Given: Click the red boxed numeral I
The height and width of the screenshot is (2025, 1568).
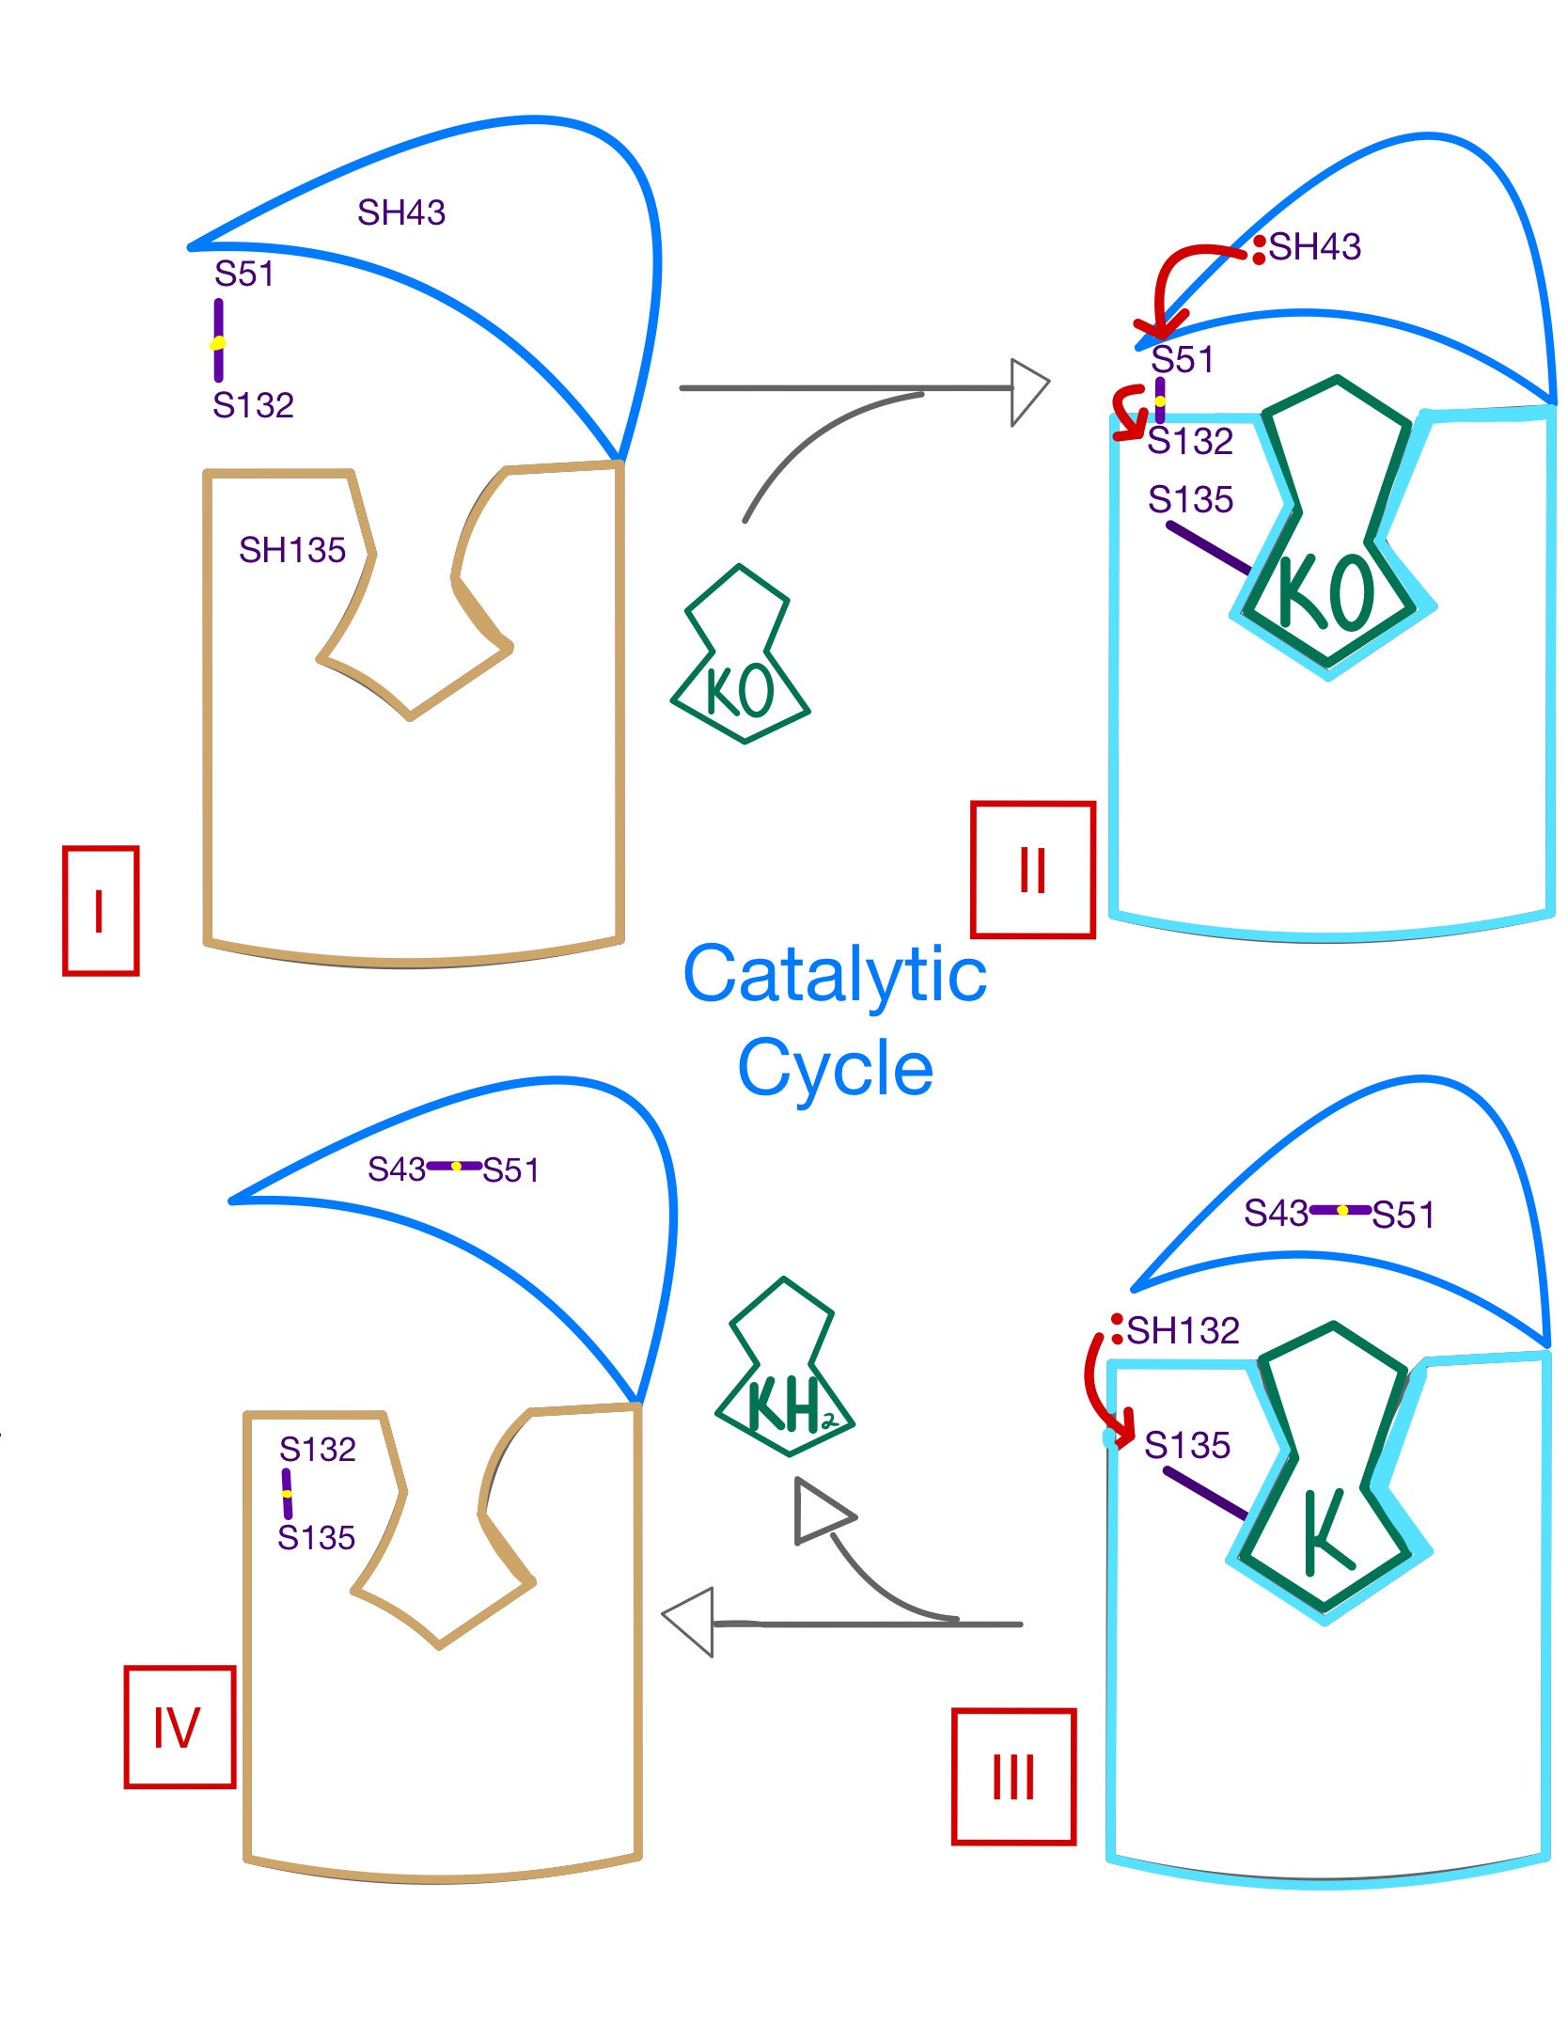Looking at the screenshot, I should click(x=100, y=910).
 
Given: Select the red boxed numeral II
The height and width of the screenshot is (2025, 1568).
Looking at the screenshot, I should click(x=1032, y=870).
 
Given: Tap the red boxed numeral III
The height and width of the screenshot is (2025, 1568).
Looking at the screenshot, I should click(x=1013, y=1777).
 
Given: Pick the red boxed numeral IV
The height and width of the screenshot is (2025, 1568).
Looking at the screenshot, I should click(x=178, y=1727).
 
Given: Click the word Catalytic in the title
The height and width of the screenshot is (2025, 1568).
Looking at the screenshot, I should click(x=835, y=975).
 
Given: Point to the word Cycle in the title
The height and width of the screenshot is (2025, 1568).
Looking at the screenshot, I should click(x=835, y=1068).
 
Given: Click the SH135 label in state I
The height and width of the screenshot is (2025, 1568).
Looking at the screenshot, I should click(x=292, y=550).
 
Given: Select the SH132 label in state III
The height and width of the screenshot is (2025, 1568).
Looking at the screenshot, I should click(x=1183, y=1330).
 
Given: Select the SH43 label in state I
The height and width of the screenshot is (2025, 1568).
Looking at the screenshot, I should click(x=401, y=212).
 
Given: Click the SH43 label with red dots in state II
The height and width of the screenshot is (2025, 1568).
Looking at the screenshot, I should click(x=1314, y=247).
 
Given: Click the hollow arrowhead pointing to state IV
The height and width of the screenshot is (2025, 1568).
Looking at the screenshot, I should click(x=689, y=1622).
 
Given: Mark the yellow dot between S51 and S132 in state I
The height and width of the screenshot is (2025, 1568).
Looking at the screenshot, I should click(x=218, y=343).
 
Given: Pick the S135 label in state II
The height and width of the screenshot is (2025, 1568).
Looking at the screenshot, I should click(x=1190, y=500).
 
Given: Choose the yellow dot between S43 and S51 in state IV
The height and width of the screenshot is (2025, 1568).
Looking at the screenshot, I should click(x=456, y=1167).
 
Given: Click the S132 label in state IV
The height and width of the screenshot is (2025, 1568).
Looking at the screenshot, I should click(x=318, y=1450).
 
